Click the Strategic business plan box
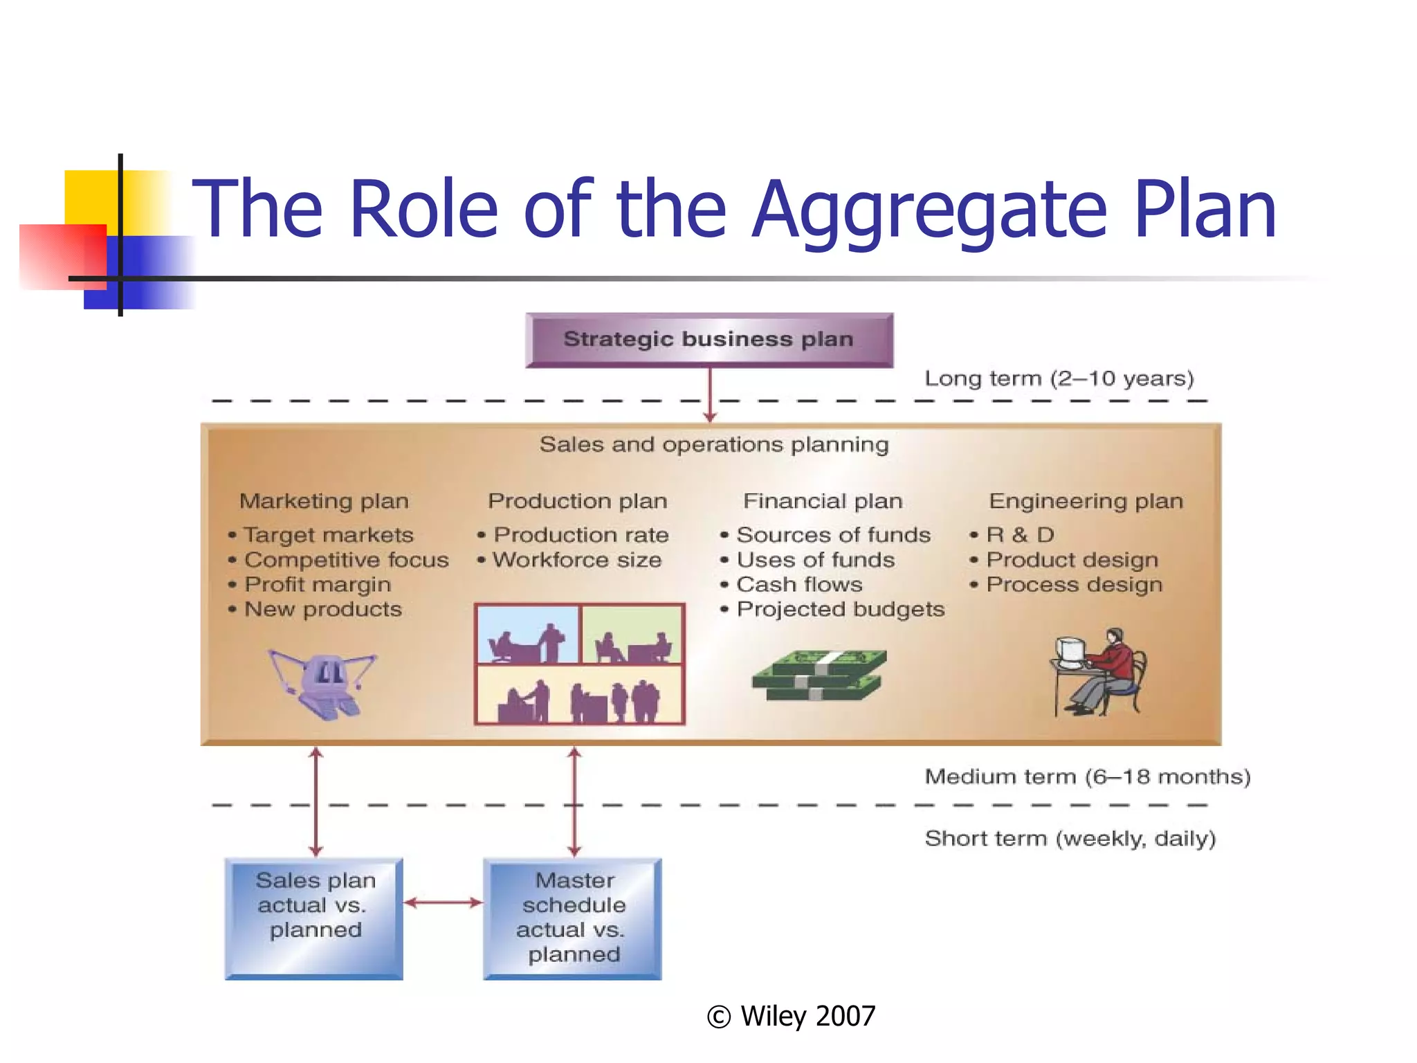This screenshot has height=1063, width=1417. tap(709, 340)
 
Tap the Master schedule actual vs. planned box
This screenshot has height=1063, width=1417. tap(572, 918)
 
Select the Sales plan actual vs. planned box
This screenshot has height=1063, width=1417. tap(314, 918)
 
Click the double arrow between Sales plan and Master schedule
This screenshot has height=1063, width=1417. tap(443, 902)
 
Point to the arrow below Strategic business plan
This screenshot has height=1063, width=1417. tap(710, 394)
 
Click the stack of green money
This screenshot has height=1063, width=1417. tap(819, 675)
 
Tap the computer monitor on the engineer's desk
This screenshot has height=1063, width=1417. tap(1069, 651)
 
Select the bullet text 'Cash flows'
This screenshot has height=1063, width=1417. tap(799, 585)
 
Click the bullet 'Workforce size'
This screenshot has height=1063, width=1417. tap(577, 560)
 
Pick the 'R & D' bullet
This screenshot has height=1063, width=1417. tap(1020, 535)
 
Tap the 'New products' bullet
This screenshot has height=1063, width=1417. tap(323, 610)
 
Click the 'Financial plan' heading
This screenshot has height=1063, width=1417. tap(823, 501)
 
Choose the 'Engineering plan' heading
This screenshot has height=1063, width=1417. tap(1086, 501)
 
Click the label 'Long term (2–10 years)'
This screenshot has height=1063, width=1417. tap(1059, 379)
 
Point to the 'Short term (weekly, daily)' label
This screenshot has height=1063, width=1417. tap(1070, 839)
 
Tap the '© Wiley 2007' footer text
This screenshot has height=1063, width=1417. tap(792, 1016)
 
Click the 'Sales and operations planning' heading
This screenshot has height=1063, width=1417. tap(714, 444)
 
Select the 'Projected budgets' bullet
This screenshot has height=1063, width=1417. tap(841, 610)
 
